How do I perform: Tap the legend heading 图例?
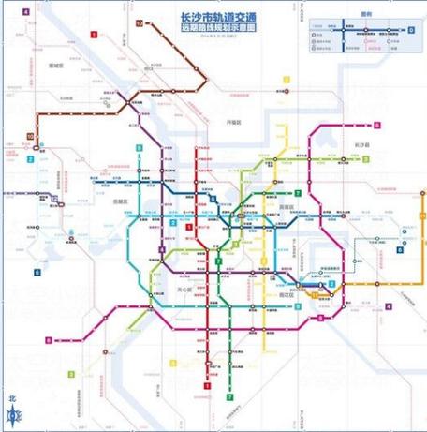(x=355, y=16)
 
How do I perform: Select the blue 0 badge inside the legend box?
(x=410, y=30)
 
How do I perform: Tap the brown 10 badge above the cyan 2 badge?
(x=31, y=137)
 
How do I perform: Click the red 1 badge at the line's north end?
(x=95, y=34)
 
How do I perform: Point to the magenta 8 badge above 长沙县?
(x=376, y=126)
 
